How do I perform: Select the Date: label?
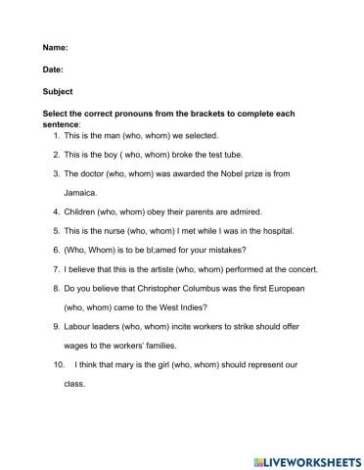(x=53, y=70)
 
